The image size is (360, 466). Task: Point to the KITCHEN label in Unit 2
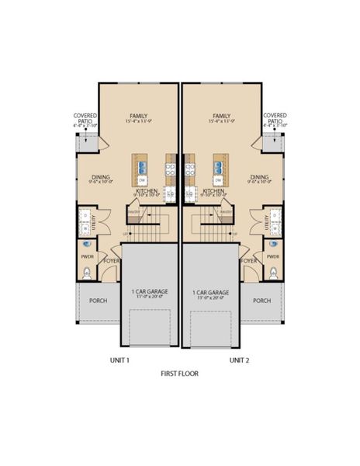tap(213, 190)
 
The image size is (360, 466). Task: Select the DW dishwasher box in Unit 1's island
tap(141, 180)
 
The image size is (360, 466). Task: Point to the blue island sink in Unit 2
tap(219, 165)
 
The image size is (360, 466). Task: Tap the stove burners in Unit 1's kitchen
tap(171, 165)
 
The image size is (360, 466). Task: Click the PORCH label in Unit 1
tap(98, 301)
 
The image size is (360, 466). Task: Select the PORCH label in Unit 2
tap(261, 301)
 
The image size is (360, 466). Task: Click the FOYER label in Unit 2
tap(249, 261)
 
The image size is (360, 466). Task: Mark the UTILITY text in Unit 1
tap(95, 222)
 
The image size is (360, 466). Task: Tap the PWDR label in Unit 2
tap(272, 256)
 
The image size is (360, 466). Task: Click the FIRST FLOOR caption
tap(179, 374)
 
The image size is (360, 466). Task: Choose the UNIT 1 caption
tap(119, 360)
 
